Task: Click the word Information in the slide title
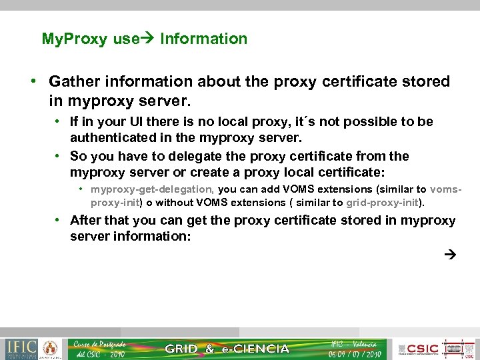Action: (203, 39)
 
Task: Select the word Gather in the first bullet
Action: (73, 81)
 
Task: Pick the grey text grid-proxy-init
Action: (383, 202)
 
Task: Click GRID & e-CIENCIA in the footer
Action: (227, 349)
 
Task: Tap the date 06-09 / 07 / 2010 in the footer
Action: (354, 354)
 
